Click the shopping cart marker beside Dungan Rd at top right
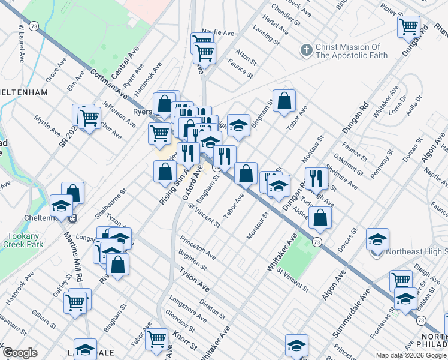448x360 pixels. pyautogui.click(x=408, y=26)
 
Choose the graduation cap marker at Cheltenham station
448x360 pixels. pyautogui.click(x=61, y=206)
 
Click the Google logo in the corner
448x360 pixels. pyautogui.click(x=20, y=353)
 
